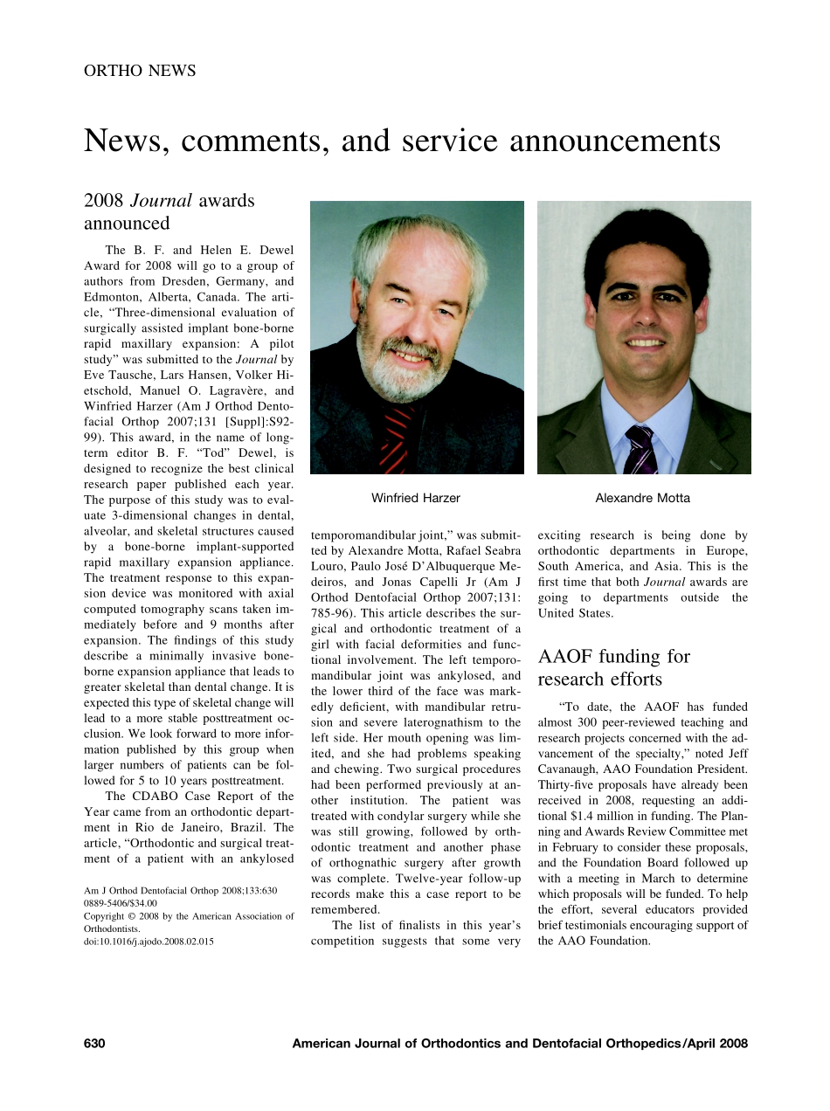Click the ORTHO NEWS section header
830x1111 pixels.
tap(140, 71)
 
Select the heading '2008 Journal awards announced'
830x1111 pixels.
tap(169, 211)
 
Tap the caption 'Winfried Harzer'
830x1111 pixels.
tap(416, 498)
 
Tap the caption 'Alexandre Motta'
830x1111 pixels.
tap(642, 498)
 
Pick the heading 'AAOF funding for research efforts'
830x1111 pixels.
tap(613, 667)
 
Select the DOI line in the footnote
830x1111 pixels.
tap(149, 942)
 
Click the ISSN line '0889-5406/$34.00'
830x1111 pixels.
tap(121, 904)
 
